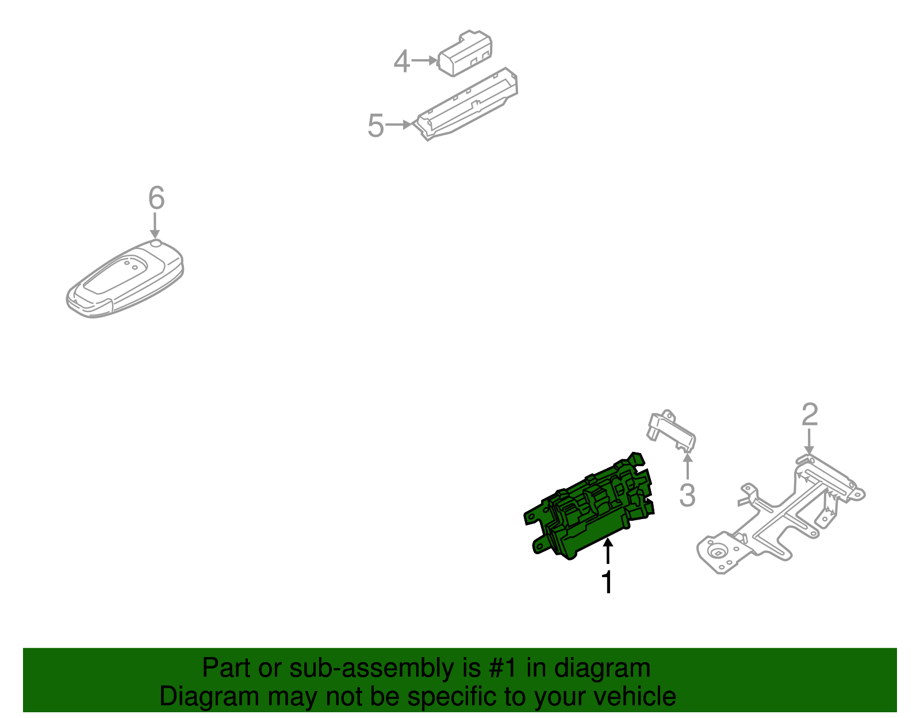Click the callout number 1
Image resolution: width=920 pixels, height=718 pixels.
(607, 582)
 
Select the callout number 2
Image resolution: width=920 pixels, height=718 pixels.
(810, 414)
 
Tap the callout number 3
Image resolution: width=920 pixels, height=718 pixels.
(687, 495)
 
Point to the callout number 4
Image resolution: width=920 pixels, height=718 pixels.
(401, 62)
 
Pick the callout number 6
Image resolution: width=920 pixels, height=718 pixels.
(156, 198)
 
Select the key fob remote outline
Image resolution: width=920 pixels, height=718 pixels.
(124, 281)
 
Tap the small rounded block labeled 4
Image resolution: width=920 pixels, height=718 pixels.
(465, 53)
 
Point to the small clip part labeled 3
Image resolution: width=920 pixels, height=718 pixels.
(672, 431)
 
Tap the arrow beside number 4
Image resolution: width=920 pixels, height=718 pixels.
(425, 60)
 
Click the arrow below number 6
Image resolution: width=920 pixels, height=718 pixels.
(155, 225)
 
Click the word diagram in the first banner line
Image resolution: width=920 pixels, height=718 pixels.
(601, 668)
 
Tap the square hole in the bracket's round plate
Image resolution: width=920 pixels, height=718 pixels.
(718, 554)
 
